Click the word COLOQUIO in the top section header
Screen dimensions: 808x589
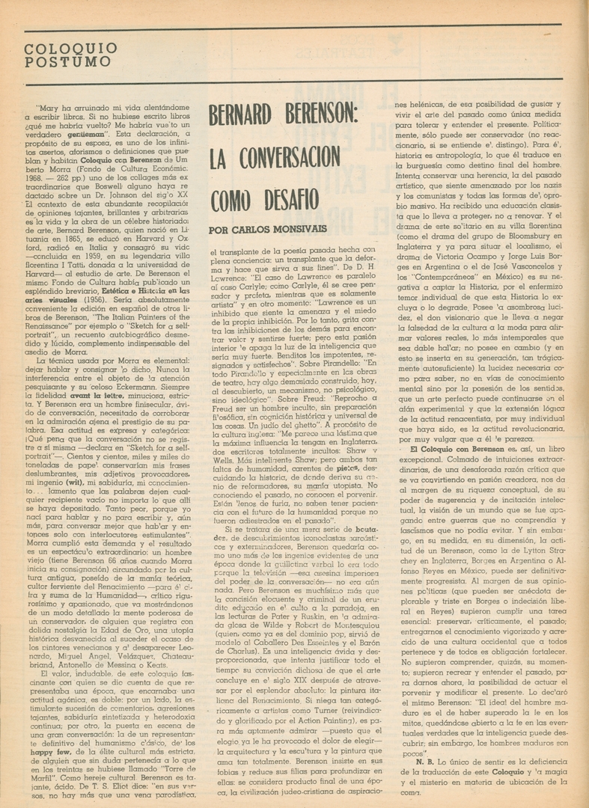[x=50, y=48]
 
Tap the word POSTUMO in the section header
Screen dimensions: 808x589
[x=50, y=63]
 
